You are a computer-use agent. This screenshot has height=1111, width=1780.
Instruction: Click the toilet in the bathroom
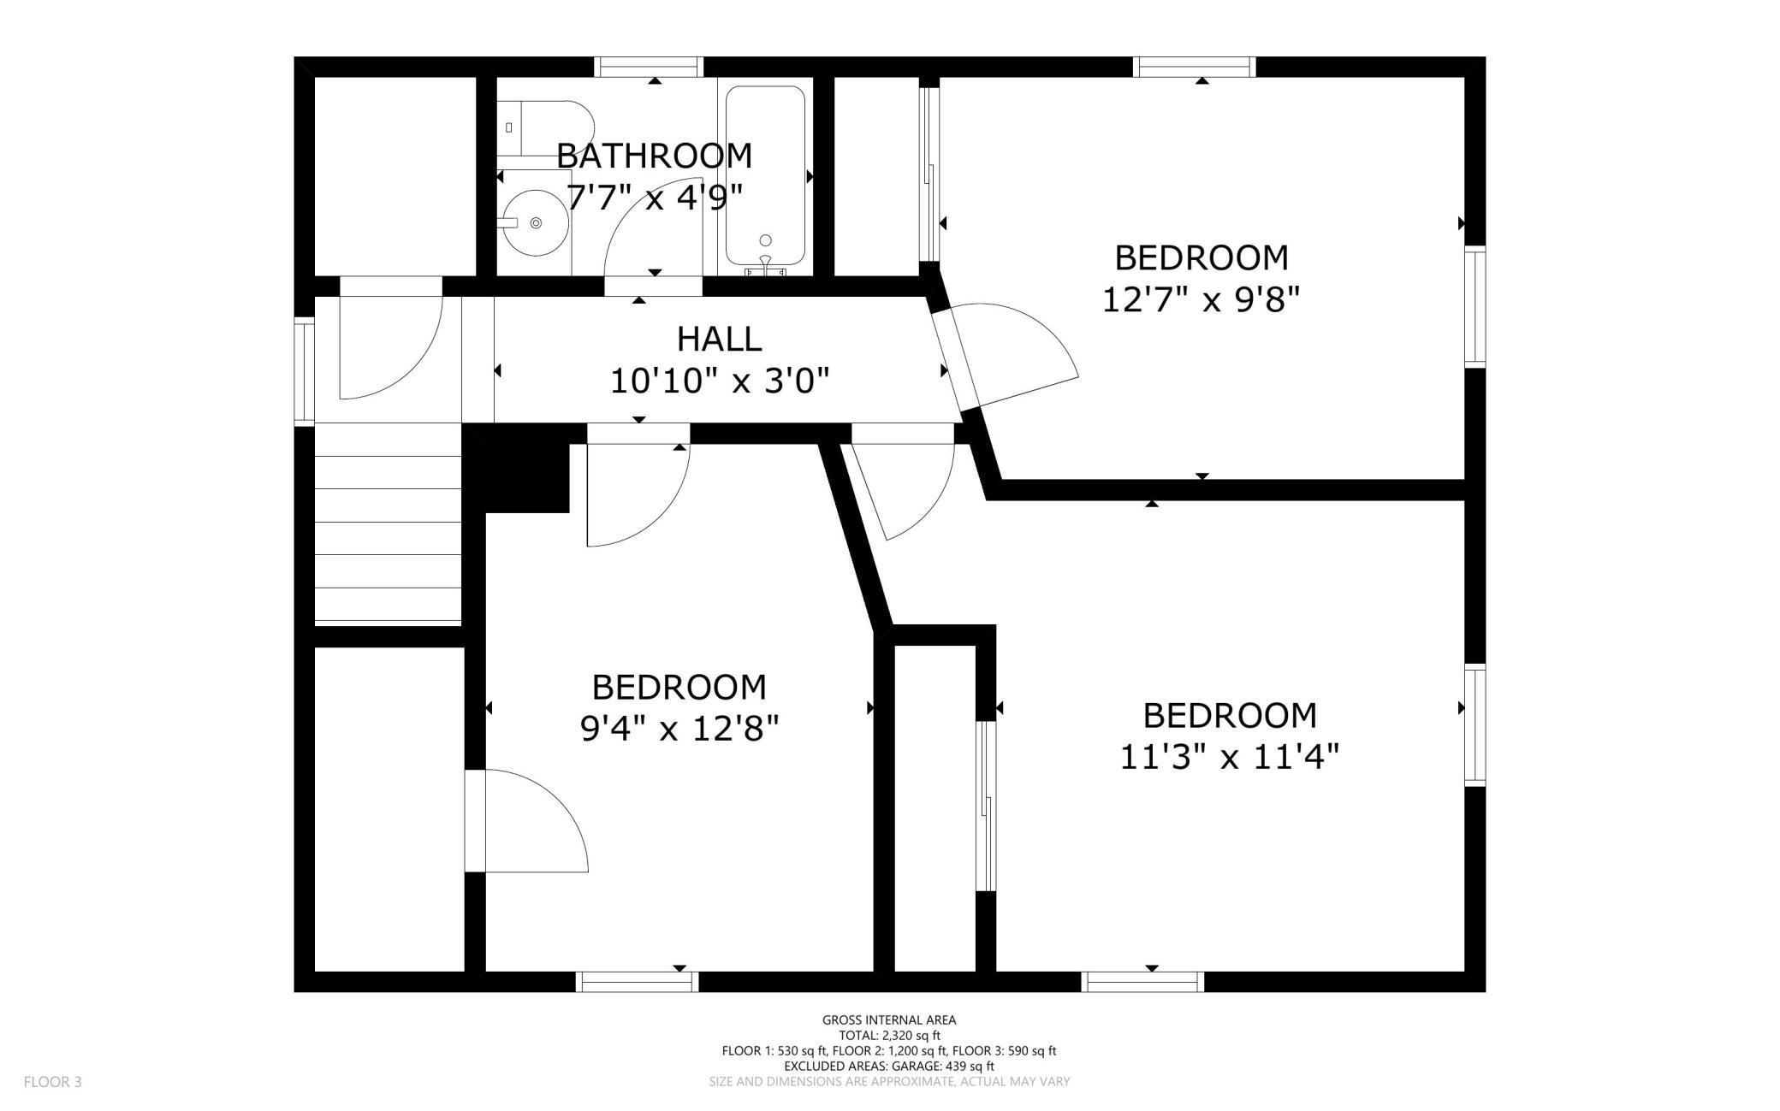[x=544, y=128]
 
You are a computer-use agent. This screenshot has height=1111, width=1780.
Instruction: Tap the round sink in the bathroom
[x=534, y=222]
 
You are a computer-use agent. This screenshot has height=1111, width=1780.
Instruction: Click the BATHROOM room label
[x=655, y=156]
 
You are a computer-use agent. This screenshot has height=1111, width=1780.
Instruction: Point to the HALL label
[x=719, y=339]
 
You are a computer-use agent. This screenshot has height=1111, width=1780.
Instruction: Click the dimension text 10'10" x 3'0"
[x=720, y=381]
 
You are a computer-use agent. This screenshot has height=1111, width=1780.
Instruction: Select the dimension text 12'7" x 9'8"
[x=1201, y=300]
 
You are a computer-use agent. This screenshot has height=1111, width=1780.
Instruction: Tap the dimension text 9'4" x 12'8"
[x=679, y=730]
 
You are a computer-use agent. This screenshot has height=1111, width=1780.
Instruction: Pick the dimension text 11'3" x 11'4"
[x=1230, y=757]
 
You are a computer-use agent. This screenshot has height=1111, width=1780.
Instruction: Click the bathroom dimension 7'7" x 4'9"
[x=655, y=198]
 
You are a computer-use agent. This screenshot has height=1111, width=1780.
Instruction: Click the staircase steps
[x=389, y=522]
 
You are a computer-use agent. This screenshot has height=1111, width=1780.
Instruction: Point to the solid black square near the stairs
[x=517, y=469]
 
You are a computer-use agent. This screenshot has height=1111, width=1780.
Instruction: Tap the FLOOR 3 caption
[x=52, y=1082]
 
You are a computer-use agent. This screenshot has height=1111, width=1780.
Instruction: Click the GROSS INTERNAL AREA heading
[x=889, y=1019]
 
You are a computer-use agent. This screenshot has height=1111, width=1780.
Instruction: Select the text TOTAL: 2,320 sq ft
[x=889, y=1035]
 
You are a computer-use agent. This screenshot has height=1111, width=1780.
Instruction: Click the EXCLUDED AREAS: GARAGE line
[x=889, y=1067]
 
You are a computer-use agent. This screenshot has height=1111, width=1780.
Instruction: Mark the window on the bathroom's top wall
[x=649, y=67]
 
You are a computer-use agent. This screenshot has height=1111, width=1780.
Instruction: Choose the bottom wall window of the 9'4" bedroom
[x=637, y=982]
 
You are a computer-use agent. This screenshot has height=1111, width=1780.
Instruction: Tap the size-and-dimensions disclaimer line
[x=889, y=1082]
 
